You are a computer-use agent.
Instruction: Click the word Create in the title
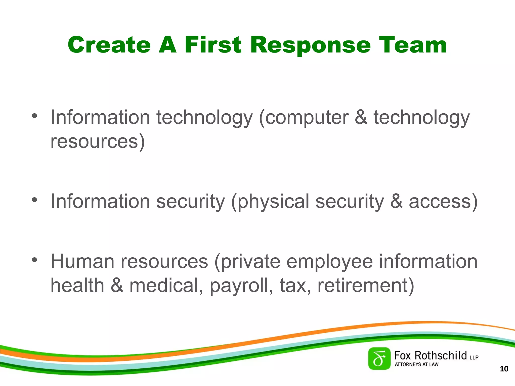109,45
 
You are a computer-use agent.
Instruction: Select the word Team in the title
413,45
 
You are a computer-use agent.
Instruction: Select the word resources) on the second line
98,141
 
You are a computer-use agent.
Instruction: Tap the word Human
82,261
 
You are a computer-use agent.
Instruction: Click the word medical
166,285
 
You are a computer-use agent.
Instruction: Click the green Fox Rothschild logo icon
379,359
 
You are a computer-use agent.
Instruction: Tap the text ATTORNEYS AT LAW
416,364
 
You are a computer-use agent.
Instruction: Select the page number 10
504,369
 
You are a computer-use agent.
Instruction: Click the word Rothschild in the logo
441,356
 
